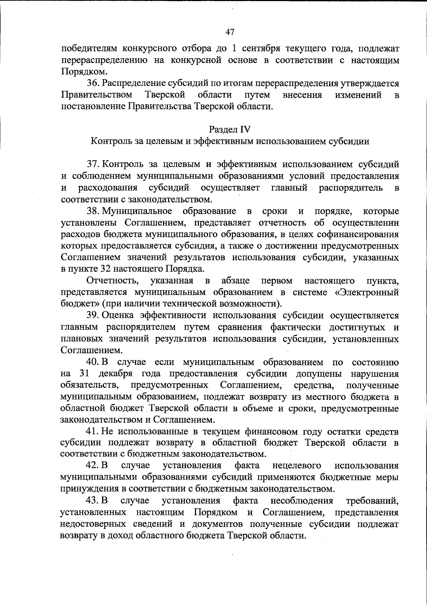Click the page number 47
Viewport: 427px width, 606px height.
[x=230, y=32]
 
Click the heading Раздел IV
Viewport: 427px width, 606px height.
[x=230, y=129]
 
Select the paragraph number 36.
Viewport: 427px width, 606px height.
[x=94, y=83]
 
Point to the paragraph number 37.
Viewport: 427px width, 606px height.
[x=94, y=164]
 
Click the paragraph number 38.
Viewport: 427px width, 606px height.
[x=94, y=211]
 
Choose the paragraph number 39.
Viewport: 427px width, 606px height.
[x=94, y=315]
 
